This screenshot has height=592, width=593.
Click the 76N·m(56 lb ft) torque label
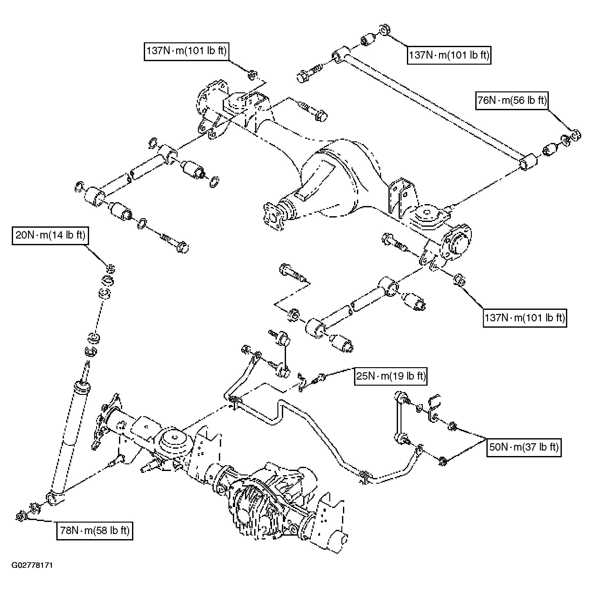tap(512, 101)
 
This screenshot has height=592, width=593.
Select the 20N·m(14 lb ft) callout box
tap(50, 236)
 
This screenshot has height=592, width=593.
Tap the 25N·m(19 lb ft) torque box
tap(391, 376)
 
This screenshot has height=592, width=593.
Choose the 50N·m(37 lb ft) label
tap(524, 447)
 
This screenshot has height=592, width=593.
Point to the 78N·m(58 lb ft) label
tap(95, 531)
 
